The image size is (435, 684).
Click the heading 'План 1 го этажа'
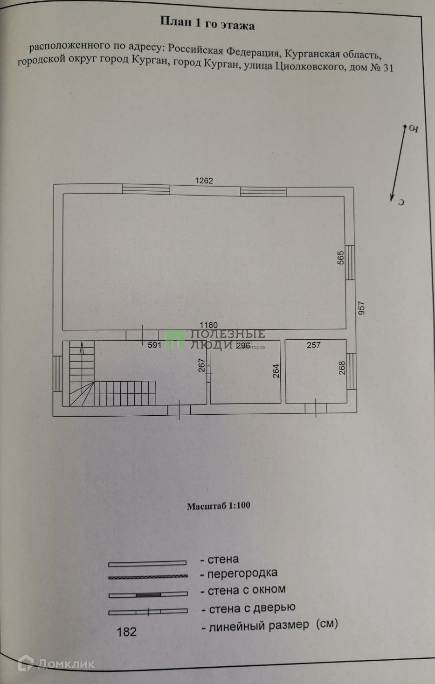tap(207, 23)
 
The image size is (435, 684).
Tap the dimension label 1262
tap(204, 181)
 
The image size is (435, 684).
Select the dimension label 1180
tap(208, 325)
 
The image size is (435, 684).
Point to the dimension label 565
tap(341, 258)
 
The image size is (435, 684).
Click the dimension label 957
tap(361, 308)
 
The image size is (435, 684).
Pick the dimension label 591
tap(154, 345)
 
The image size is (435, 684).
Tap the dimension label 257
tap(314, 345)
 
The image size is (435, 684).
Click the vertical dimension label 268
tap(342, 368)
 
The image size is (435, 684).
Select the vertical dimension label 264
tap(276, 371)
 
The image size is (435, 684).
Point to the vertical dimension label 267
tap(202, 365)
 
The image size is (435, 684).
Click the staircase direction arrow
tap(82, 349)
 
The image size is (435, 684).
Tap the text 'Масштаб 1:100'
tap(218, 506)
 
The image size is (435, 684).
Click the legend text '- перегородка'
tap(239, 573)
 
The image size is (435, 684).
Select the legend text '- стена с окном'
tap(243, 590)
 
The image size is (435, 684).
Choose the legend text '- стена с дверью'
tap(249, 608)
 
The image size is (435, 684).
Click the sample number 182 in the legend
tap(126, 632)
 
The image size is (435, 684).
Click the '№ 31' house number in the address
tap(382, 68)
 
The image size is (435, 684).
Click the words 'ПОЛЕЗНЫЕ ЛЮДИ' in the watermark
tap(227, 339)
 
